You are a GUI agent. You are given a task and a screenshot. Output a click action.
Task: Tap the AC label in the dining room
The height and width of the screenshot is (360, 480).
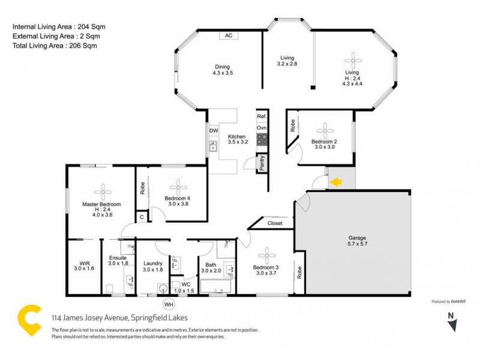(228, 35)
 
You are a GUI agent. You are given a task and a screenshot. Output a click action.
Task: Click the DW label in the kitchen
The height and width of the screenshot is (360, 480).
(213, 131)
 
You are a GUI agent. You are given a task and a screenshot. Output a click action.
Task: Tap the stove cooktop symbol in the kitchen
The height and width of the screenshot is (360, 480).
(262, 140)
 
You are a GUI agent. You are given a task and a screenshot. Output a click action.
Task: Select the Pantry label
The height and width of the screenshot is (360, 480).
(262, 164)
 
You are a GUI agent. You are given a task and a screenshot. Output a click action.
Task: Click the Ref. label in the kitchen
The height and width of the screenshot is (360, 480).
(262, 116)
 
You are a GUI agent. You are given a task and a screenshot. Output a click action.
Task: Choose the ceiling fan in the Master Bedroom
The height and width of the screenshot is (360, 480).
(103, 190)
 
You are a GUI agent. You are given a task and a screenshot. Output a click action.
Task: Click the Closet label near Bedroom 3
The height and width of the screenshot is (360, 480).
(275, 223)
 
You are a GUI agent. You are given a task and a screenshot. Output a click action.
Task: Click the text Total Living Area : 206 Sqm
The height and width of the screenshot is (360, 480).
(55, 46)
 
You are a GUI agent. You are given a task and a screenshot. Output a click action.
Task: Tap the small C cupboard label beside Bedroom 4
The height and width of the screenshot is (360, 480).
(142, 217)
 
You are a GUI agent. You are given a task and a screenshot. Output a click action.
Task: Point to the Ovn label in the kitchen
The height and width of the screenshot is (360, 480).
(262, 128)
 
